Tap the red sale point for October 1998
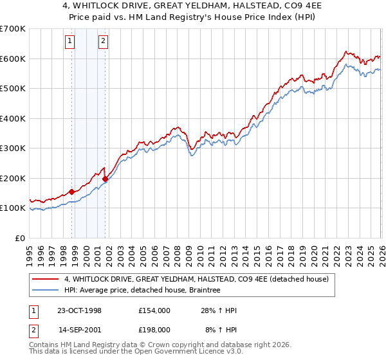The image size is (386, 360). pyautogui.click(x=71, y=192)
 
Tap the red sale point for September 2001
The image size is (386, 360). pyautogui.click(x=105, y=179)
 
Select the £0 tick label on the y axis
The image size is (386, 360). pyautogui.click(x=21, y=238)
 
